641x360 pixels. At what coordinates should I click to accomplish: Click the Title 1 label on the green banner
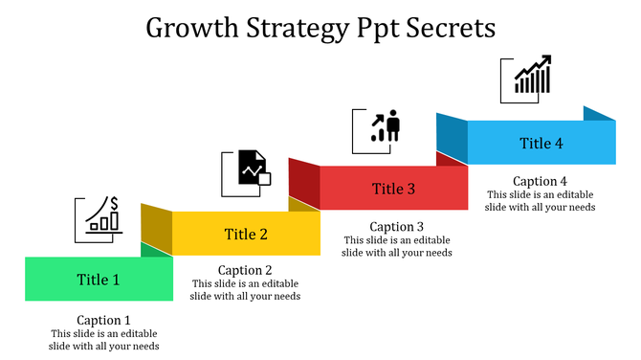(x=99, y=280)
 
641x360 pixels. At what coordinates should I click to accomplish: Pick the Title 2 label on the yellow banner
(x=246, y=234)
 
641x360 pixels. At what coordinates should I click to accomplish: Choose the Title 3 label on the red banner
(x=393, y=189)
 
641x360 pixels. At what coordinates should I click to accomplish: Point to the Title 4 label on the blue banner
(x=542, y=144)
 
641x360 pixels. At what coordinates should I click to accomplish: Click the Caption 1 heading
(x=103, y=320)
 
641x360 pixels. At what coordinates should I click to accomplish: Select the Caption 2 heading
(x=245, y=270)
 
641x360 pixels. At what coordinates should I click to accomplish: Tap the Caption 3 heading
(x=396, y=226)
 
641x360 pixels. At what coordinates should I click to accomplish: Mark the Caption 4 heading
(x=540, y=181)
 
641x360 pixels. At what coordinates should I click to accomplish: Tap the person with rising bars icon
(x=387, y=126)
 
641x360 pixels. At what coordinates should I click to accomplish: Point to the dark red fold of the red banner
(x=303, y=178)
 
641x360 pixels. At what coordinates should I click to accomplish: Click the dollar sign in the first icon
(x=114, y=203)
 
